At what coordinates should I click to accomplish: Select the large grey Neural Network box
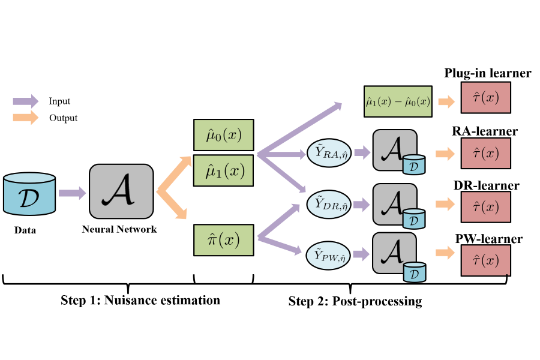pyautogui.click(x=120, y=191)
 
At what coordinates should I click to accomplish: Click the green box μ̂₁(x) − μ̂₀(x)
pyautogui.click(x=398, y=101)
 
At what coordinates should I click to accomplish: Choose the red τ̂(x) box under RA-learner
pyautogui.click(x=486, y=154)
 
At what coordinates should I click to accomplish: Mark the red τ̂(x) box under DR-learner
pyautogui.click(x=486, y=207)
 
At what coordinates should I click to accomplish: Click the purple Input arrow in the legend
pyautogui.click(x=25, y=101)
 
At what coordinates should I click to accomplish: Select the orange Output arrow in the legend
pyautogui.click(x=25, y=118)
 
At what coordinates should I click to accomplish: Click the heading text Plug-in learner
pyautogui.click(x=487, y=73)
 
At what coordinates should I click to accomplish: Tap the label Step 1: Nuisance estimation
pyautogui.click(x=140, y=300)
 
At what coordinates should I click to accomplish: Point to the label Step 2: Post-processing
pyautogui.click(x=355, y=301)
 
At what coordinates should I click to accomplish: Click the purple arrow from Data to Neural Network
pyautogui.click(x=72, y=193)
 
